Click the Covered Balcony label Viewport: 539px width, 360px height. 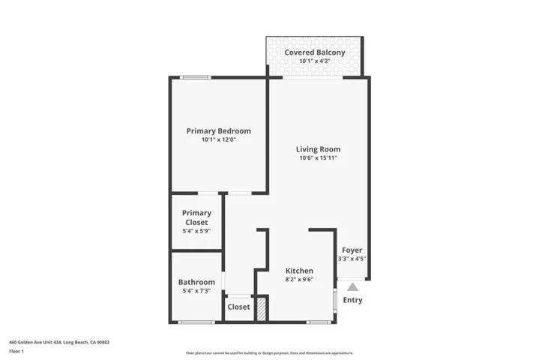pyautogui.click(x=315, y=52)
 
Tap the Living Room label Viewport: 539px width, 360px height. pyautogui.click(x=319, y=149)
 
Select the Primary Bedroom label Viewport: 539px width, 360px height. pyautogui.click(x=219, y=131)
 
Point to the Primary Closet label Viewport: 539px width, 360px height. pyautogui.click(x=196, y=217)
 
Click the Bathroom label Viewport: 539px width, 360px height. pyautogui.click(x=196, y=282)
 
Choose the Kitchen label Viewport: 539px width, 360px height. pyautogui.click(x=299, y=271)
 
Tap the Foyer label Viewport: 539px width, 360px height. pyautogui.click(x=352, y=250)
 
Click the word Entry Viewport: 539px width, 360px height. pyautogui.click(x=352, y=300)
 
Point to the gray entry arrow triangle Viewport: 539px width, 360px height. pyautogui.click(x=352, y=286)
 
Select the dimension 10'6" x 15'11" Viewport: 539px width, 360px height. pyautogui.click(x=319, y=158)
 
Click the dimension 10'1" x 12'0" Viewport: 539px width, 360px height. pyautogui.click(x=219, y=140)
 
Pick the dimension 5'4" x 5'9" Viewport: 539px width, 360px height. pyautogui.click(x=196, y=232)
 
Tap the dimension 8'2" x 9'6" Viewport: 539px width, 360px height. pyautogui.click(x=299, y=280)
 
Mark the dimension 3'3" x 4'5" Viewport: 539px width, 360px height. pyautogui.click(x=352, y=259)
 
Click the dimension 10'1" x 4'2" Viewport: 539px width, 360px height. pyautogui.click(x=315, y=61)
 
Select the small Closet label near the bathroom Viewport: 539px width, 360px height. pyautogui.click(x=238, y=307)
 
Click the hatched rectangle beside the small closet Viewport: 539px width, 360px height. pyautogui.click(x=262, y=309)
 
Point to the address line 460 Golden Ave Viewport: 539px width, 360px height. pyautogui.click(x=59, y=342)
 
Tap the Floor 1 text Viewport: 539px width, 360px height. pyautogui.click(x=16, y=351)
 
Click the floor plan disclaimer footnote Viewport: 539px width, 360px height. pyautogui.click(x=269, y=352)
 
